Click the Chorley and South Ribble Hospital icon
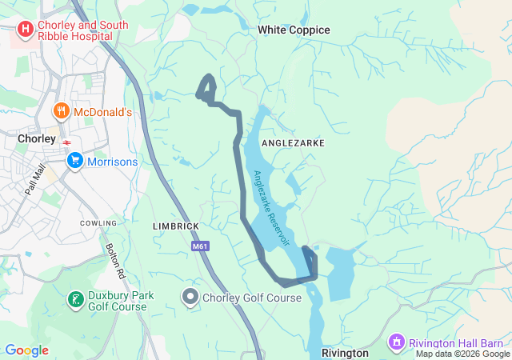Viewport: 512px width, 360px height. pyautogui.click(x=25, y=30)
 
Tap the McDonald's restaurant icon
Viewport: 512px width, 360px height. pyautogui.click(x=60, y=112)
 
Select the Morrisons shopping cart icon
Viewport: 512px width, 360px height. pyautogui.click(x=75, y=162)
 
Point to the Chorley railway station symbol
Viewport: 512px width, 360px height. pyautogui.click(x=67, y=142)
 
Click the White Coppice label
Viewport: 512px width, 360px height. pyautogui.click(x=294, y=30)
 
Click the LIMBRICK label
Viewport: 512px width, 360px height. pyautogui.click(x=175, y=226)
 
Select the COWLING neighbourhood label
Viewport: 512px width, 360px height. pyautogui.click(x=98, y=222)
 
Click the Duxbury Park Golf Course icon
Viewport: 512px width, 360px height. pyautogui.click(x=75, y=300)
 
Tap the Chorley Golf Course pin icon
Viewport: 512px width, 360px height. pyautogui.click(x=190, y=298)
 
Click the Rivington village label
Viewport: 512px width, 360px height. pyautogui.click(x=345, y=352)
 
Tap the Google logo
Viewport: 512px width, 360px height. pyautogui.click(x=26, y=350)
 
